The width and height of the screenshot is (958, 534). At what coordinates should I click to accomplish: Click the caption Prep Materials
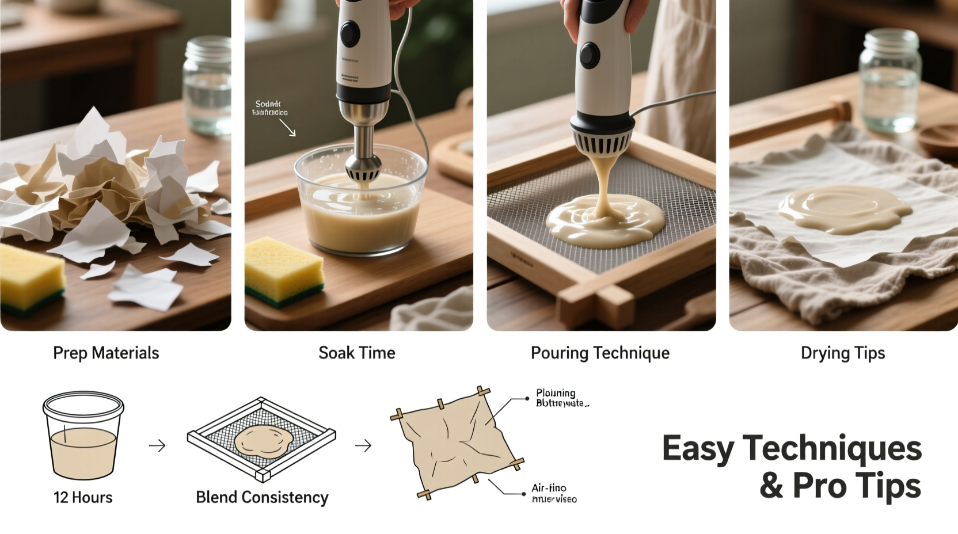tap(106, 353)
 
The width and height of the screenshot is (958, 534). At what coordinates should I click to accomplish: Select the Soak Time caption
tap(357, 353)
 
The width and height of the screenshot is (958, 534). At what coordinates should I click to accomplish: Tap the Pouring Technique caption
tap(600, 353)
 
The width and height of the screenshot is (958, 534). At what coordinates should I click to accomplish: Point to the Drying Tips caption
tap(843, 353)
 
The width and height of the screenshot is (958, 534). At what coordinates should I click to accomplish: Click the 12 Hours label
tap(83, 497)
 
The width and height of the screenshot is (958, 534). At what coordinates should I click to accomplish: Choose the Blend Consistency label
tap(262, 497)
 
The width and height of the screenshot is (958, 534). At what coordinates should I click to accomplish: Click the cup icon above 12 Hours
tap(83, 436)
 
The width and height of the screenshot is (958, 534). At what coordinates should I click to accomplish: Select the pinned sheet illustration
tap(458, 442)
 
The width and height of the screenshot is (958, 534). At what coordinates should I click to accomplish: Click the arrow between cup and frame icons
tap(157, 445)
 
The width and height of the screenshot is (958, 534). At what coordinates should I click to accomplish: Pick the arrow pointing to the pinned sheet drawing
tap(363, 445)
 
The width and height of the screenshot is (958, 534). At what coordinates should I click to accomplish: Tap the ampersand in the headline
tap(771, 486)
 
